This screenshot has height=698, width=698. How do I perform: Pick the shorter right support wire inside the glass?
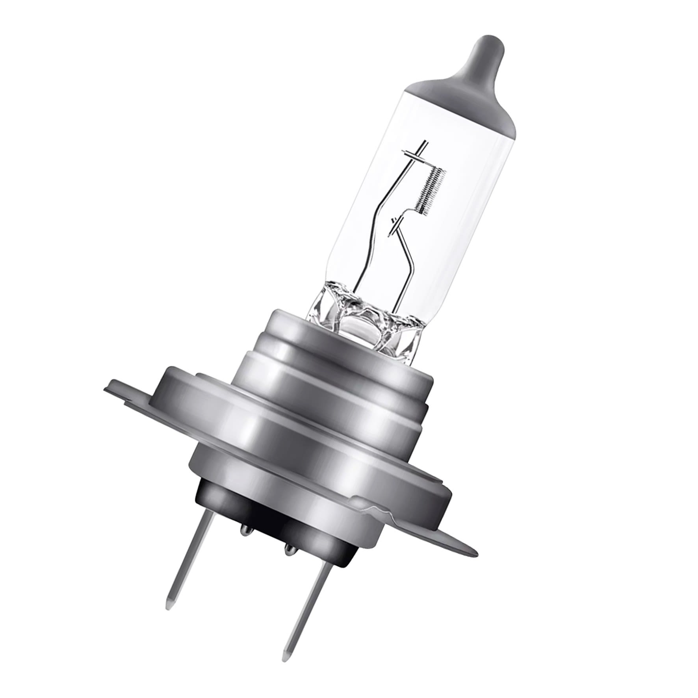406,252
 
